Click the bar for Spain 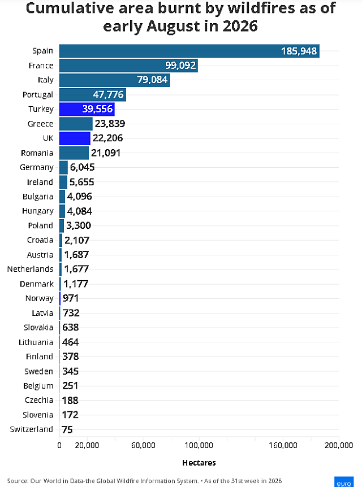(189, 51)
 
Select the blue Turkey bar (87, 109)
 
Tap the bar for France (128, 66)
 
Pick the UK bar (75, 138)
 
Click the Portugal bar (92, 94)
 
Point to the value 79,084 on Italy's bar (152, 80)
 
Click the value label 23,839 (110, 124)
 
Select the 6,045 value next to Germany (82, 167)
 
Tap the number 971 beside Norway (71, 298)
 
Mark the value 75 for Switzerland (67, 429)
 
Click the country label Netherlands (30, 269)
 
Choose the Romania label (37, 153)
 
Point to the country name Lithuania (36, 342)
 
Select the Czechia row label (39, 400)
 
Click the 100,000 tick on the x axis (199, 445)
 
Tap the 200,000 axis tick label (339, 445)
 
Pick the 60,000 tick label (143, 445)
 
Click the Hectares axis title (199, 463)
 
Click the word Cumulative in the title (71, 8)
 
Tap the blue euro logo (344, 482)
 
